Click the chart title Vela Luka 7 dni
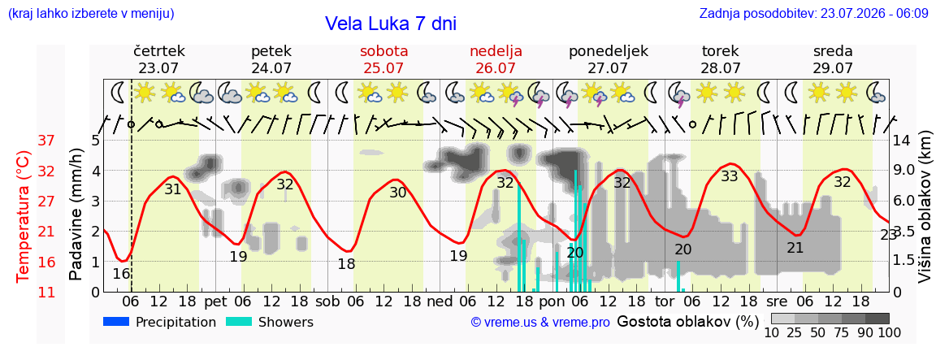(x=390, y=24)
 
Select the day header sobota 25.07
(x=385, y=59)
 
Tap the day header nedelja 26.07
(x=496, y=59)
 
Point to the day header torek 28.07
(x=720, y=59)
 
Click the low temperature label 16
(x=121, y=274)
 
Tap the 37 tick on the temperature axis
(x=46, y=141)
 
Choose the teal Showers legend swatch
(x=239, y=322)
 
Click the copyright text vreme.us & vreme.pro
(x=540, y=323)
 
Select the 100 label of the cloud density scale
(x=890, y=332)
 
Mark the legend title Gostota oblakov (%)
(x=687, y=323)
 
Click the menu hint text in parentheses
(x=91, y=13)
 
